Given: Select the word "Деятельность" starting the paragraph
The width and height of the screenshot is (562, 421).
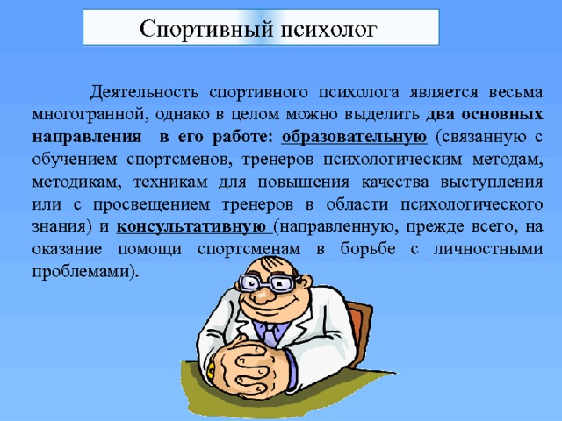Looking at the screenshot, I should click(x=138, y=91).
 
